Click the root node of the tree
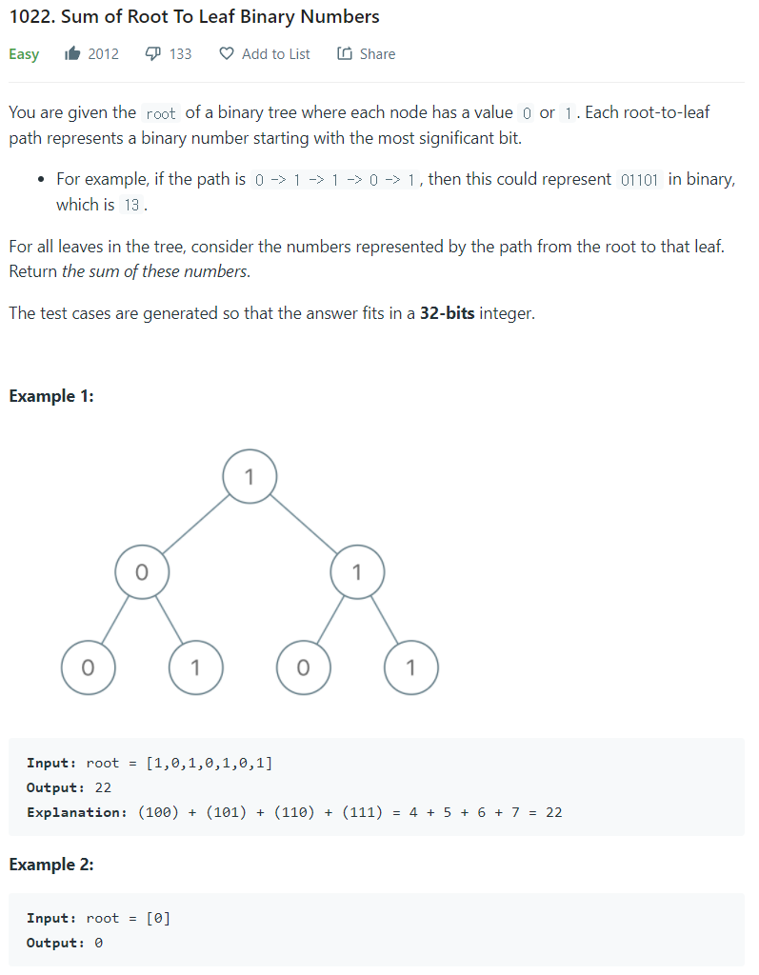250,477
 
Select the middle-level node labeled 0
142,572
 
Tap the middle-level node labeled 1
357,572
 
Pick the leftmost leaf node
88,667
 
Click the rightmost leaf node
410,667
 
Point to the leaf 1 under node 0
195,667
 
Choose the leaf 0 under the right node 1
303,667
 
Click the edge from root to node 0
195,525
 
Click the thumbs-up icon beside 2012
72,54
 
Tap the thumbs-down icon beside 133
152,54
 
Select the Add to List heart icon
227,54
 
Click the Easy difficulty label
24,54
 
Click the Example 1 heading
51,396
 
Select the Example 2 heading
51,865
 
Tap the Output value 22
103,787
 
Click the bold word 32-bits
447,312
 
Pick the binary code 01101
639,180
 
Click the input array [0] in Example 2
158,919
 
